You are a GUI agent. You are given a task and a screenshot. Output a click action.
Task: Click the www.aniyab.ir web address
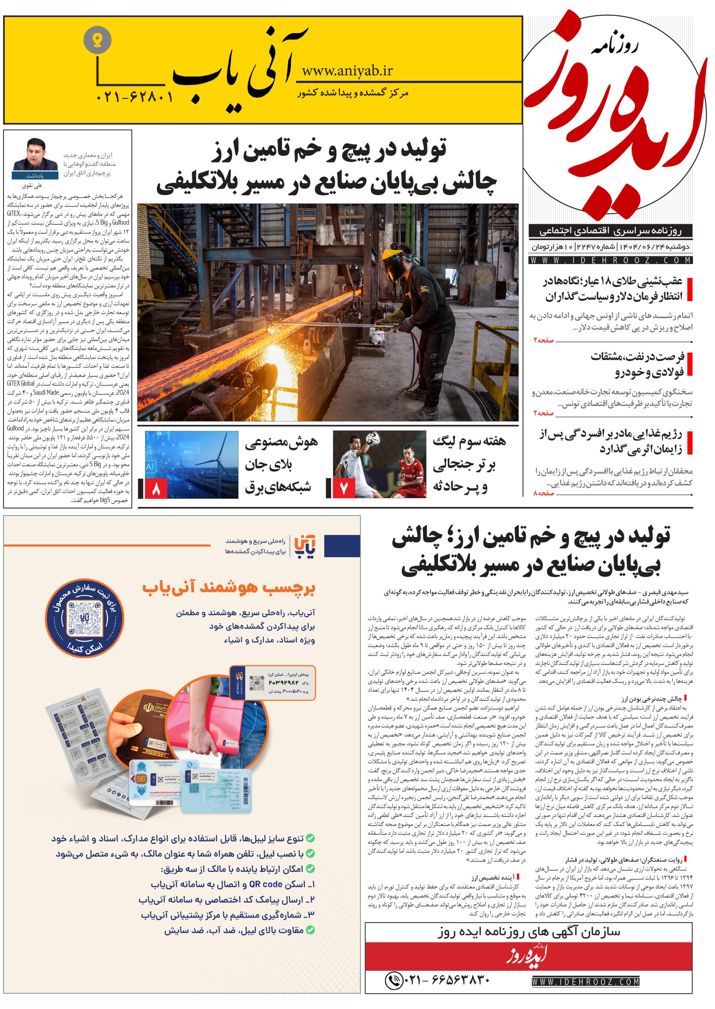pyautogui.click(x=347, y=71)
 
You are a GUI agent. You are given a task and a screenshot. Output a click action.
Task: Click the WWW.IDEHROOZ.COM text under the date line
pyautogui.click(x=611, y=261)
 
